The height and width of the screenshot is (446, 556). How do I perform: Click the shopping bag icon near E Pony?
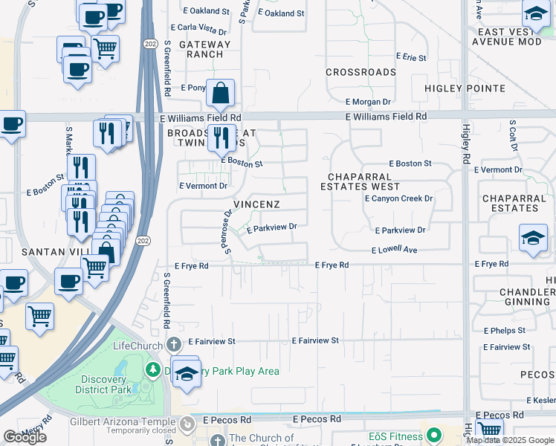coord(221,94)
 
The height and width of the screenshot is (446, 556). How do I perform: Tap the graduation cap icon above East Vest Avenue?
coord(535,13)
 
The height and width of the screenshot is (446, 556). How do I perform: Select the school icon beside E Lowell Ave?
coord(533,238)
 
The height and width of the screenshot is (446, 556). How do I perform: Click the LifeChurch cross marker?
coord(173,345)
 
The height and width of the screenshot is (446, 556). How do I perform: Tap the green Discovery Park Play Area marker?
coord(152,369)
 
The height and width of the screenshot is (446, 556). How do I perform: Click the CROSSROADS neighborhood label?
coord(361,72)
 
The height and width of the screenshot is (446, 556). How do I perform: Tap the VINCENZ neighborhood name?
coord(256,204)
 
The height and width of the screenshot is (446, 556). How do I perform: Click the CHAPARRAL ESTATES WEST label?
coord(365,181)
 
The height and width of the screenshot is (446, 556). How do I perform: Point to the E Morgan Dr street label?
coord(368,102)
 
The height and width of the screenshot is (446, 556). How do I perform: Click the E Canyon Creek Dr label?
coord(398,199)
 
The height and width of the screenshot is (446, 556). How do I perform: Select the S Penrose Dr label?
coord(227,231)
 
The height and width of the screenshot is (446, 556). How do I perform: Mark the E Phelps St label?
coord(504,330)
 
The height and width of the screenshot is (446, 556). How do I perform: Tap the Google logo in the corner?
coord(25,437)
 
